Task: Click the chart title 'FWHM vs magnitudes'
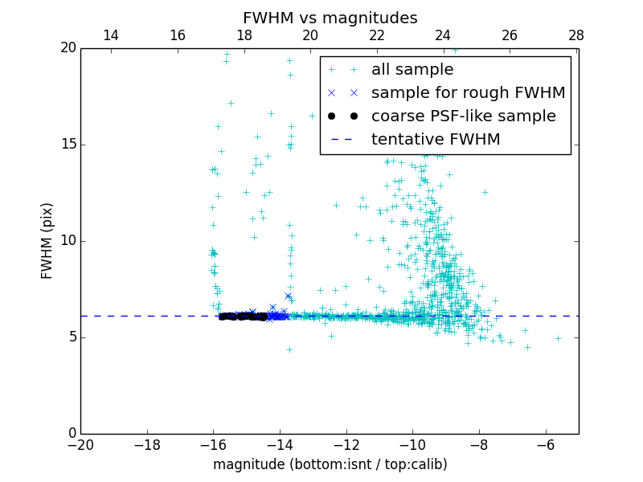coord(330,18)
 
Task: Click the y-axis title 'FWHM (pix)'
coord(47,241)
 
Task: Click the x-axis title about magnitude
coord(330,464)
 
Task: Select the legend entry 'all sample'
coord(412,70)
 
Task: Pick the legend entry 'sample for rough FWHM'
coord(468,93)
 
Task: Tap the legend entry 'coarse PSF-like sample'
coord(463,116)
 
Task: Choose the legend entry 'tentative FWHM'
coord(436,140)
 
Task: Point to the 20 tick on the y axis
coord(68,48)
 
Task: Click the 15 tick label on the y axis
coord(68,145)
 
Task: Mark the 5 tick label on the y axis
coord(71,337)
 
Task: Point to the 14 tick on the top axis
coord(111,35)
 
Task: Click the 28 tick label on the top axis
coord(575,35)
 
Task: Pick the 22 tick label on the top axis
coord(377,35)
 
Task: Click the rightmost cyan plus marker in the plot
coord(557,338)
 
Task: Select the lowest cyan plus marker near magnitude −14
coord(289,349)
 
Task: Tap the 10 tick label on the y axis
coord(68,241)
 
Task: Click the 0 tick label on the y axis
coord(71,434)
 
